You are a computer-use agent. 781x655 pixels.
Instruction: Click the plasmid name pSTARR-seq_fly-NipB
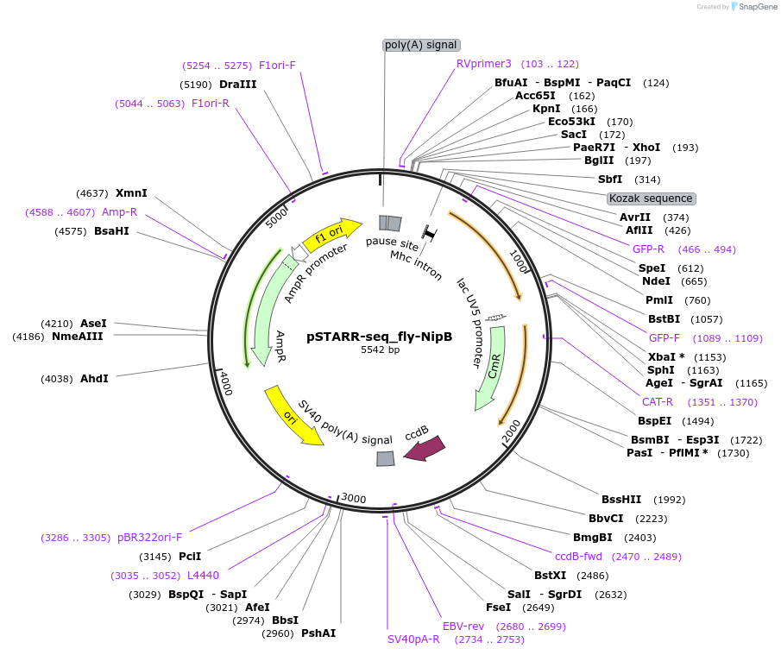(380, 337)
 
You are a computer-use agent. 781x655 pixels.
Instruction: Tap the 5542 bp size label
(380, 350)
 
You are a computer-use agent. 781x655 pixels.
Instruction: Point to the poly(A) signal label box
(421, 45)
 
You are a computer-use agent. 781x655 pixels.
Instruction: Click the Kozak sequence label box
(651, 198)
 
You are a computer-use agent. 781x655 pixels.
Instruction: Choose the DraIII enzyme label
(237, 85)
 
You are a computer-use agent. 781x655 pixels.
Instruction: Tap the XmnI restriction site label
(131, 192)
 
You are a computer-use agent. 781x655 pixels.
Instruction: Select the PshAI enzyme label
(318, 633)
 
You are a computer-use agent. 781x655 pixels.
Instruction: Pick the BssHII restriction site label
(621, 499)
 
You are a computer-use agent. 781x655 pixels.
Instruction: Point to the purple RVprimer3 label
(484, 64)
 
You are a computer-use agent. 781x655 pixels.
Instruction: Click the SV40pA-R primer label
(413, 639)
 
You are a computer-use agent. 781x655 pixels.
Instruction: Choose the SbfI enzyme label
(610, 179)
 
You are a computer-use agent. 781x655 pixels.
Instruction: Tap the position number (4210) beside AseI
(57, 323)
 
